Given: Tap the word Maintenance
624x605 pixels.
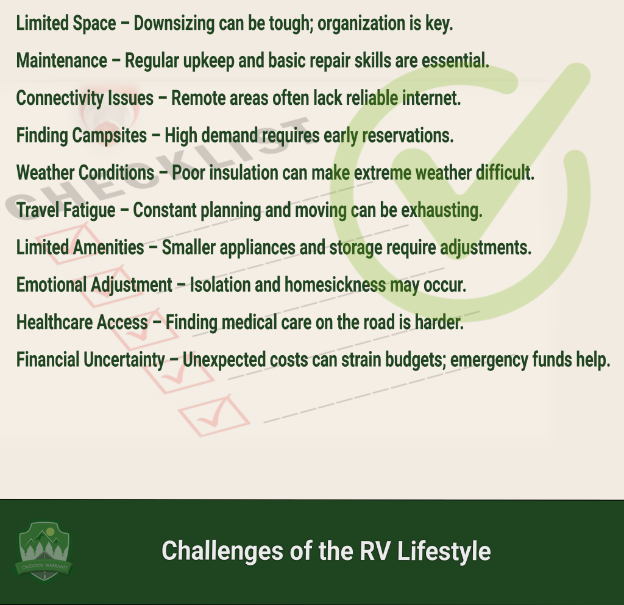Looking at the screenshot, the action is (x=62, y=61).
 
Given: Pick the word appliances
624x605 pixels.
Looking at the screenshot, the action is (x=258, y=248).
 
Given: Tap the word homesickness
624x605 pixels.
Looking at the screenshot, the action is (x=335, y=285).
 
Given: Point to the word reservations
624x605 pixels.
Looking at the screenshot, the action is (x=408, y=136).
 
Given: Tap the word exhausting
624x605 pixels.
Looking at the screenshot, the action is (x=442, y=211).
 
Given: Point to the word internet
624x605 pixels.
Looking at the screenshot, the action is (x=431, y=99).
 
